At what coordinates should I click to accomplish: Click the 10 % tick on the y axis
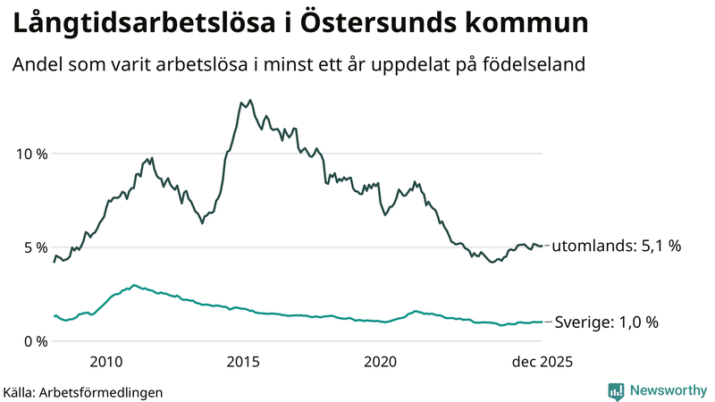tap(31, 154)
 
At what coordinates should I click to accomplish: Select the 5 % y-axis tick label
tap(35, 247)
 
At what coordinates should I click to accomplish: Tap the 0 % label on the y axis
tap(35, 341)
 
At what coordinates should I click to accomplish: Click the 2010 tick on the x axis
tap(105, 362)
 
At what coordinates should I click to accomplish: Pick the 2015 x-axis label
tap(243, 362)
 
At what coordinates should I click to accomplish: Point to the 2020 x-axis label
tap(381, 362)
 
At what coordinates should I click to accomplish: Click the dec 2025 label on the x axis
tap(540, 362)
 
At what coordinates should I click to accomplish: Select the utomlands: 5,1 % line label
tap(616, 246)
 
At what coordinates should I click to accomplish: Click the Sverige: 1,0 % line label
tap(607, 322)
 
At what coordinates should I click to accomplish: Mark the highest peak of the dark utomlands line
tap(249, 100)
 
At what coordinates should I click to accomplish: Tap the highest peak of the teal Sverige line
tap(134, 285)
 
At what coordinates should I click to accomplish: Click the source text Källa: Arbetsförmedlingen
tap(83, 391)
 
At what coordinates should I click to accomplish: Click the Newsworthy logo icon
tap(616, 390)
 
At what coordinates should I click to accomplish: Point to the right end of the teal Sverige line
tap(542, 322)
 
